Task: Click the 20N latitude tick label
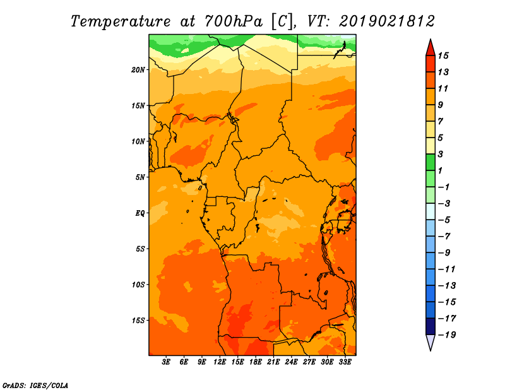(138, 70)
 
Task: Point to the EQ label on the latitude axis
(140, 213)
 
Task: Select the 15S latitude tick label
(138, 321)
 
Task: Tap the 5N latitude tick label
(140, 177)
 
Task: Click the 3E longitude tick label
(166, 362)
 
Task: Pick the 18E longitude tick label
(256, 362)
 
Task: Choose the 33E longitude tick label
(345, 362)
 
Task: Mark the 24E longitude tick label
(291, 362)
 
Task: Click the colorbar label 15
(443, 56)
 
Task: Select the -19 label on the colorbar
(447, 335)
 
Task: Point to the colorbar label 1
(440, 170)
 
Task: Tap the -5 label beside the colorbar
(444, 220)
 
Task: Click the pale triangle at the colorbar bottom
(431, 342)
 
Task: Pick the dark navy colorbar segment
(431, 326)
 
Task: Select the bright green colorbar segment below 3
(431, 162)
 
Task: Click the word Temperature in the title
(121, 21)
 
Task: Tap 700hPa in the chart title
(233, 21)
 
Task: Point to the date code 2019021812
(387, 21)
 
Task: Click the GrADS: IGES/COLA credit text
(35, 386)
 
